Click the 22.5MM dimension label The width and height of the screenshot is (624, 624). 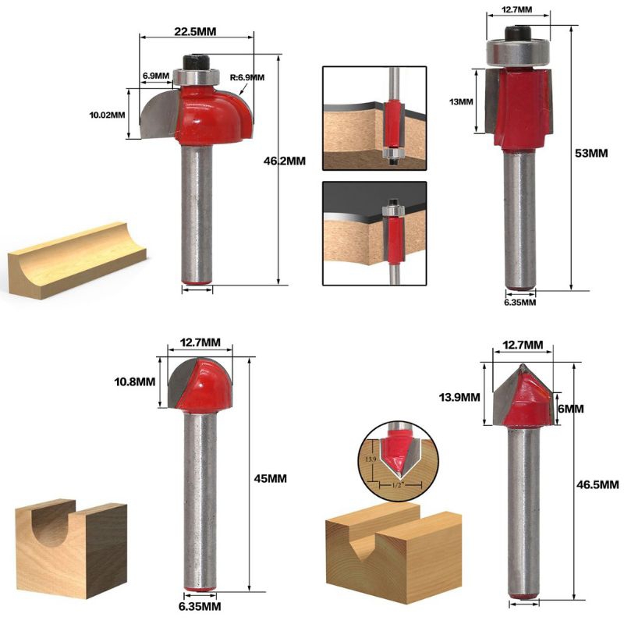(195, 31)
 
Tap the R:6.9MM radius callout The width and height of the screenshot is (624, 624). (247, 77)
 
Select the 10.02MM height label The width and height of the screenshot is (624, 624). (107, 115)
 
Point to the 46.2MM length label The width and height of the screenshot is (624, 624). (285, 161)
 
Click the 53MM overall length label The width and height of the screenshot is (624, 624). (591, 153)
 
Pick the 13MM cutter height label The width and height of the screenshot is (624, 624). (461, 102)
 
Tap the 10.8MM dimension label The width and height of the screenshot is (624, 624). (134, 382)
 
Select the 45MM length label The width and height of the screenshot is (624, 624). (270, 478)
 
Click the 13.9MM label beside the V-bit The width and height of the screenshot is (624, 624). (459, 397)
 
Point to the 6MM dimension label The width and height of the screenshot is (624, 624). (571, 409)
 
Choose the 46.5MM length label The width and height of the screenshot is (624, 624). (597, 484)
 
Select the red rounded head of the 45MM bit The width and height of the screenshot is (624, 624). (205, 384)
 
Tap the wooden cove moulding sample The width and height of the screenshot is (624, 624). (76, 261)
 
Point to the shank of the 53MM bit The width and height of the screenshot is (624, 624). (519, 220)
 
